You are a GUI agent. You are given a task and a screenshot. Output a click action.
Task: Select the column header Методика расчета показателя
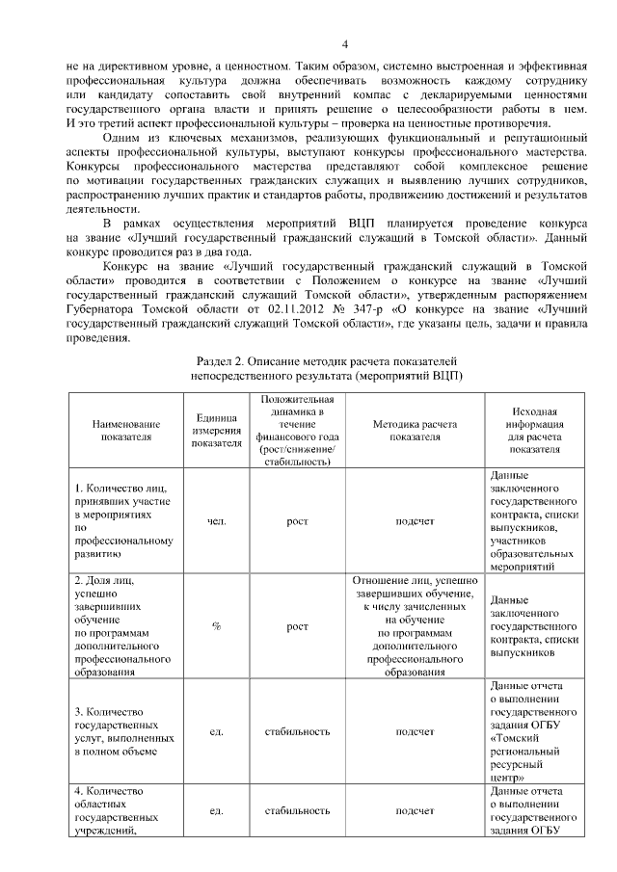[416, 430]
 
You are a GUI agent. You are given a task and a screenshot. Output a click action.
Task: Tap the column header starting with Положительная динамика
[298, 430]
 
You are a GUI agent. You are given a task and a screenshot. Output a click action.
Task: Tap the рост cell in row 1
[298, 521]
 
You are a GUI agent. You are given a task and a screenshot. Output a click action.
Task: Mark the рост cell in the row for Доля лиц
[298, 626]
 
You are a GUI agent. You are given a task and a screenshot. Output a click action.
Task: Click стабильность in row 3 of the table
[298, 731]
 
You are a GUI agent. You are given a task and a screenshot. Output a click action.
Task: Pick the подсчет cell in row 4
[416, 811]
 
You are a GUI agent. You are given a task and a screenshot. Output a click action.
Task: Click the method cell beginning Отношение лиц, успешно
[416, 626]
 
